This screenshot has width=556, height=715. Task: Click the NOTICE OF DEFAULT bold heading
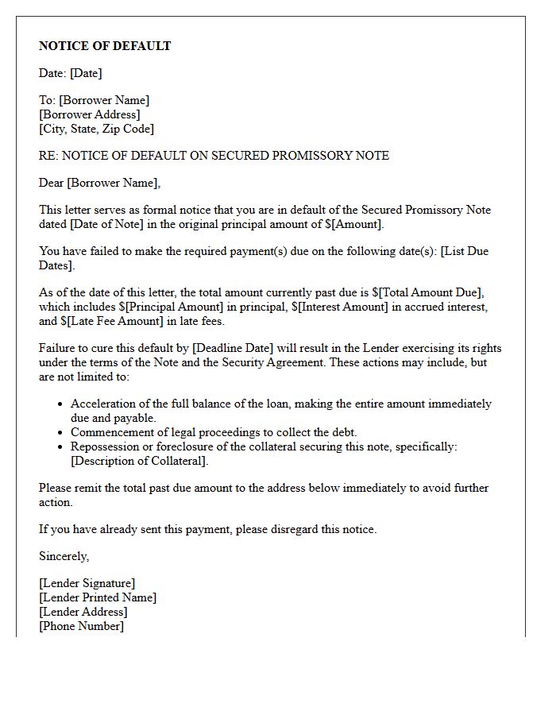click(105, 46)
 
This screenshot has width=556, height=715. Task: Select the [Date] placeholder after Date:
click(86, 73)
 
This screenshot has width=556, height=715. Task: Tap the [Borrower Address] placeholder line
click(90, 114)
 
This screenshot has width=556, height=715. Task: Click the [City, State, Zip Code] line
click(96, 129)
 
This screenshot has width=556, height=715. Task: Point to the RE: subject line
click(214, 156)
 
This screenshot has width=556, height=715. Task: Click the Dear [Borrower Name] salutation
click(99, 183)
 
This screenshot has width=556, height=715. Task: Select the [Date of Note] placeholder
click(106, 225)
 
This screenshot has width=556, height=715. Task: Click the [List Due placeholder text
click(465, 251)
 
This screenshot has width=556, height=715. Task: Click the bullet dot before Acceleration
click(61, 404)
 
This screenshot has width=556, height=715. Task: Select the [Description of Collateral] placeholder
click(139, 461)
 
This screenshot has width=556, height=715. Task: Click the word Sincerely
click(64, 556)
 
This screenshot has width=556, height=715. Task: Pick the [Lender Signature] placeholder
click(87, 583)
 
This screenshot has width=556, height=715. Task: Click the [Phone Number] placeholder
click(81, 626)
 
